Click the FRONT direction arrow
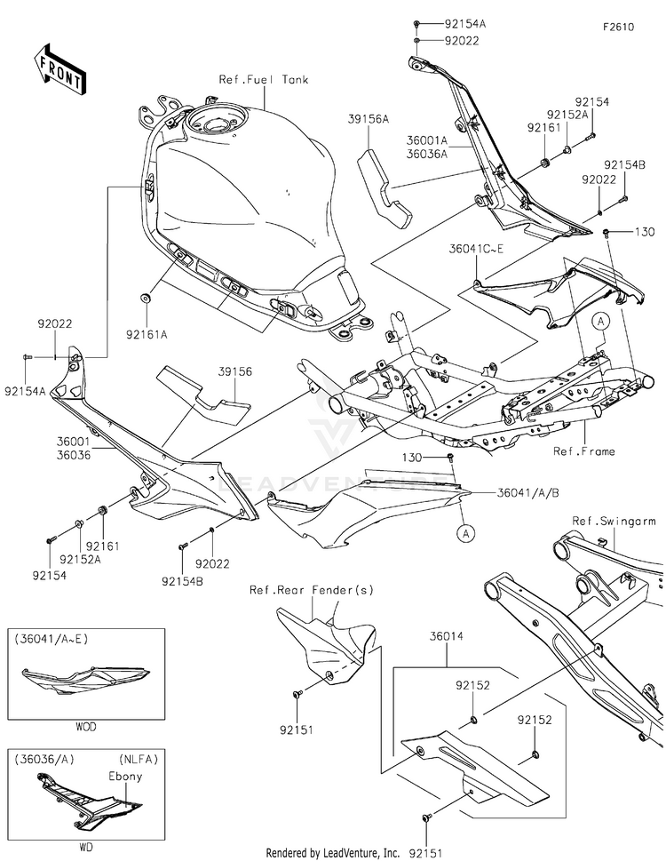(59, 70)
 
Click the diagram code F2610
(618, 28)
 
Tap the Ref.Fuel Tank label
(264, 80)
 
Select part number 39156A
(368, 118)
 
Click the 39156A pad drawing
(383, 187)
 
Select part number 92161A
(147, 333)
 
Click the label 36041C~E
(476, 249)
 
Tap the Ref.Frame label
(584, 451)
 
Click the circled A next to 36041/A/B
(466, 532)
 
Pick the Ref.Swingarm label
(614, 521)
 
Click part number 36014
(446, 636)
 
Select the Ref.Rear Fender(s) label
(312, 590)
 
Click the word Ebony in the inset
(125, 777)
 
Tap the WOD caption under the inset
(86, 727)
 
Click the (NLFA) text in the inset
(139, 760)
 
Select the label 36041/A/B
(528, 492)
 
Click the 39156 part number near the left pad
(235, 371)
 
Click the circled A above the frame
(601, 322)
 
